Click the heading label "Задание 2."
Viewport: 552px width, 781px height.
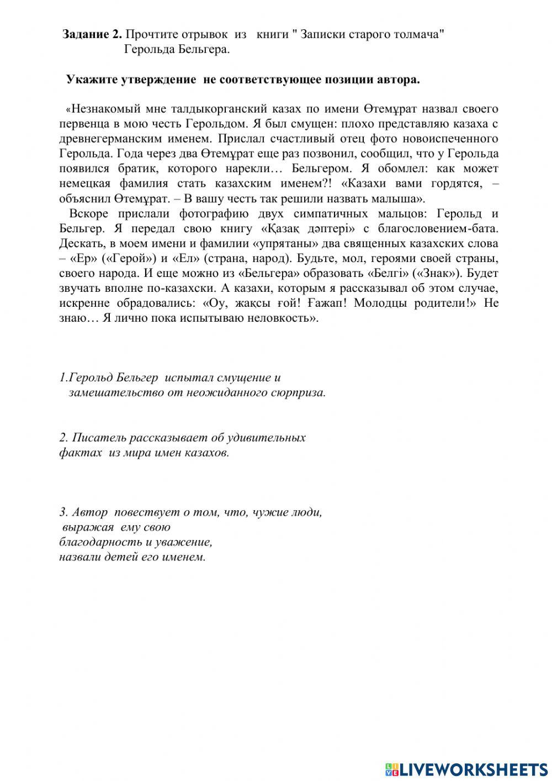click(92, 34)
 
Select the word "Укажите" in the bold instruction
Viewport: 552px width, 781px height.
click(89, 80)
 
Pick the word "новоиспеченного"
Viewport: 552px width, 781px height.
click(448, 138)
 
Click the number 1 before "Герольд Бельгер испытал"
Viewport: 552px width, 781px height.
click(62, 378)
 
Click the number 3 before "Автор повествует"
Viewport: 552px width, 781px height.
click(62, 512)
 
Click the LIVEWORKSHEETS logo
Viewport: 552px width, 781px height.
click(466, 768)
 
